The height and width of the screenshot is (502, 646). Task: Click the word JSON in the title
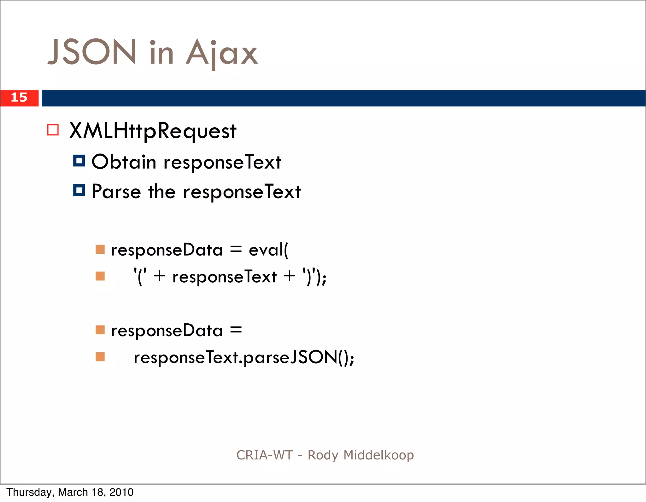(x=92, y=52)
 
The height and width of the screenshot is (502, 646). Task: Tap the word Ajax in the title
(x=222, y=53)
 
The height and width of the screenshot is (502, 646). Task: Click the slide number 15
(x=19, y=98)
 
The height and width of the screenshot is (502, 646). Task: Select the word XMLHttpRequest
(x=153, y=131)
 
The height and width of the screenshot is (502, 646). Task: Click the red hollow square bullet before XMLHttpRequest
(x=53, y=130)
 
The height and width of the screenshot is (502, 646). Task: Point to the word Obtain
(x=124, y=162)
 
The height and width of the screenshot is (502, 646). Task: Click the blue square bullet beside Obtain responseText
(x=79, y=161)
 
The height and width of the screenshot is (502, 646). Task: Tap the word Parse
(x=116, y=192)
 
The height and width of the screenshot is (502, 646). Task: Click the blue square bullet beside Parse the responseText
(x=79, y=190)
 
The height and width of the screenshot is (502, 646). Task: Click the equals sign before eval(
(x=236, y=250)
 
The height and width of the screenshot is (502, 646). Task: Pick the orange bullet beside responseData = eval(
(x=100, y=249)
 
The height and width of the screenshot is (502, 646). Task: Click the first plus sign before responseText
(x=160, y=276)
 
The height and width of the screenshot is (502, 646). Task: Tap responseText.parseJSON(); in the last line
(x=244, y=358)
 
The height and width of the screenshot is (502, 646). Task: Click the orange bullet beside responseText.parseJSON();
(x=100, y=357)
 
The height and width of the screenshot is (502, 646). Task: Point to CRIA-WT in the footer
(x=265, y=455)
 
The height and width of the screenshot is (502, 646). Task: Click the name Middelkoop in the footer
(x=379, y=455)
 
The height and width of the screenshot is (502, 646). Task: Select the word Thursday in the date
(x=30, y=492)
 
